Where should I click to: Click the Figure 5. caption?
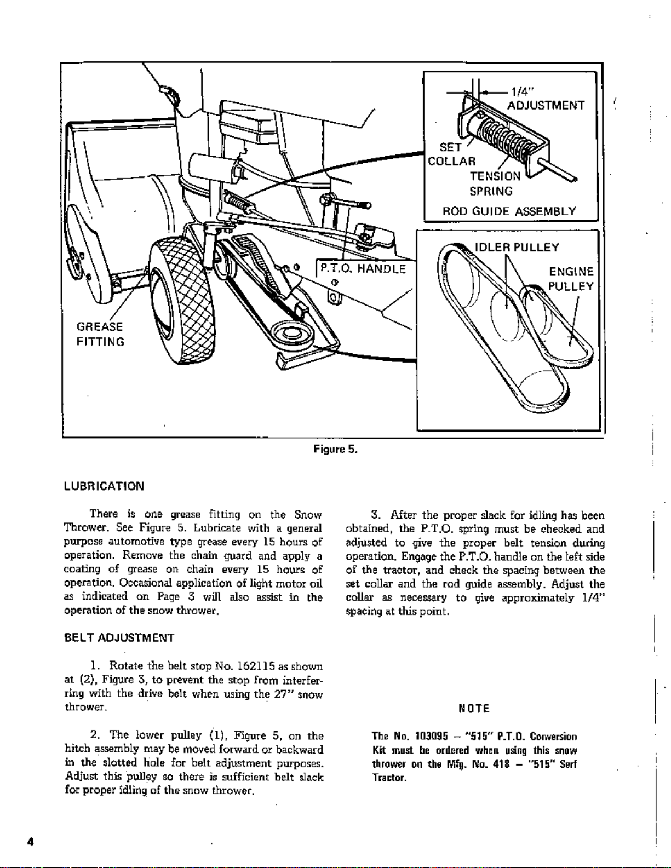(x=335, y=450)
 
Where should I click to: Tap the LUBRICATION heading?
(x=104, y=486)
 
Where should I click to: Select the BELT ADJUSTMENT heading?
(x=119, y=637)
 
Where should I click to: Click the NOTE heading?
(x=474, y=708)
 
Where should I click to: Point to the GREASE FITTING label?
(x=100, y=334)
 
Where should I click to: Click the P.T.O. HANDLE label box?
(x=363, y=269)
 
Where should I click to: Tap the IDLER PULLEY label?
(x=517, y=248)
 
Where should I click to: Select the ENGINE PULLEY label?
(x=571, y=279)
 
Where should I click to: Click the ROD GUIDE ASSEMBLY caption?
(x=509, y=211)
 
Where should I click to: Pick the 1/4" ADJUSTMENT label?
(x=546, y=98)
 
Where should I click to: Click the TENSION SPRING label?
(x=495, y=183)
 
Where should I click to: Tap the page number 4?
(x=31, y=842)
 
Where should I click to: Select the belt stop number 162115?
(x=256, y=666)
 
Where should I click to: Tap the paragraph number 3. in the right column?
(x=376, y=515)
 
